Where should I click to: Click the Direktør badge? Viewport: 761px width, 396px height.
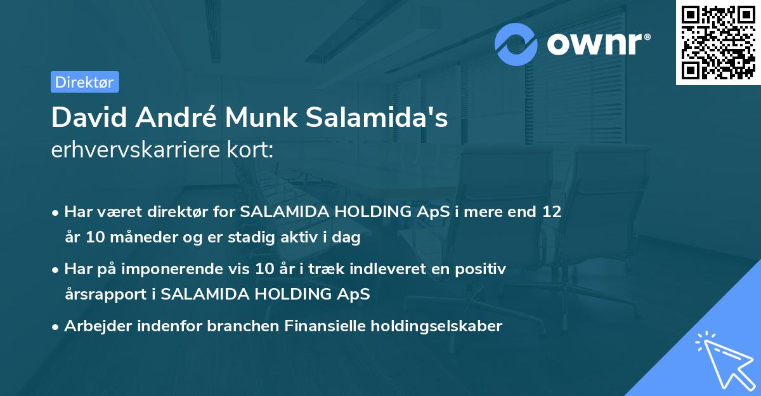coord(84,82)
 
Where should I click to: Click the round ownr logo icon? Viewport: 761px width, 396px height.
coord(516,44)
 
